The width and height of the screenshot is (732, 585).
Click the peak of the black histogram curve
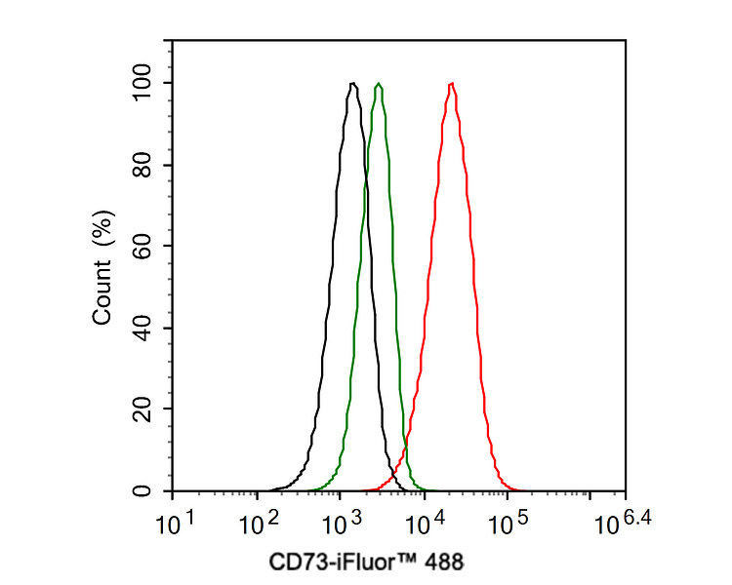352,84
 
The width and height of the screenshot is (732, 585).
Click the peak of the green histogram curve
379,84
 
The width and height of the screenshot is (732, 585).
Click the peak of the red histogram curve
451,84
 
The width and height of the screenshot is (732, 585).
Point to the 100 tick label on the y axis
142,83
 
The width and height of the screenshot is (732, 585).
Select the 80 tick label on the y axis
142,165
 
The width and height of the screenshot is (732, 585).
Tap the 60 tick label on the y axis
142,246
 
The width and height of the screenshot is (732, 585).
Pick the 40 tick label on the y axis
142,328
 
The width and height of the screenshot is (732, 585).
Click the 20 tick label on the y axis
142,409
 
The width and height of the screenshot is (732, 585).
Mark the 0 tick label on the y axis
142,490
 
